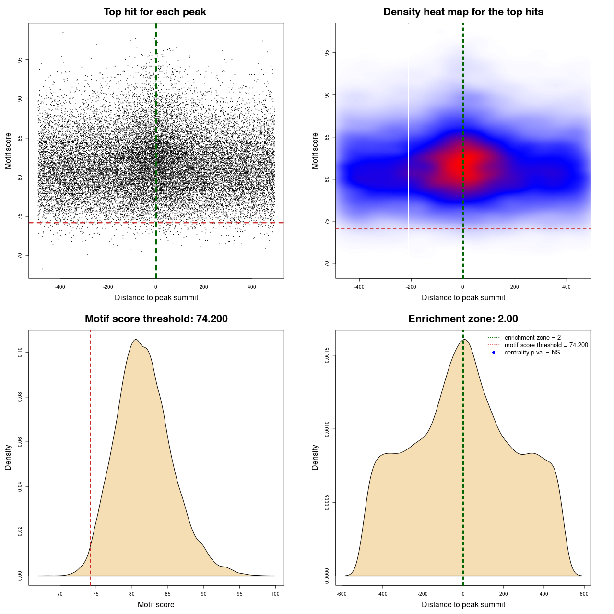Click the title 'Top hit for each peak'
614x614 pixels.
[154, 12]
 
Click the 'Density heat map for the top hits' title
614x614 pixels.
[463, 12]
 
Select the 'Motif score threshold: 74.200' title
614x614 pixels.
[156, 319]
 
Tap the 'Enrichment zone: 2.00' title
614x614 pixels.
[463, 319]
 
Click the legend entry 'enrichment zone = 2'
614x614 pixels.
[532, 338]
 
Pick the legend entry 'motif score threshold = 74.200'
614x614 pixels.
[546, 345]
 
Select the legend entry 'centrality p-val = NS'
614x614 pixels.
[532, 353]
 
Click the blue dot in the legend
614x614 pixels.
[494, 353]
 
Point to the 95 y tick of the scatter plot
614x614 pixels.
[20, 60]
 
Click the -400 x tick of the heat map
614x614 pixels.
[359, 287]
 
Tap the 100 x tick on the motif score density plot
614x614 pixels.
[275, 594]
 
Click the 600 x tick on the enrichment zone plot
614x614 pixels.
[584, 594]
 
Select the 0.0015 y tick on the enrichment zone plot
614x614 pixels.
[327, 355]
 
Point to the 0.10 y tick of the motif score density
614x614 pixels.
[20, 353]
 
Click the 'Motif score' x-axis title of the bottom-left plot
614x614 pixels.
[156, 604]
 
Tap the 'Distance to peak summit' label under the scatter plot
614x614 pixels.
[156, 297]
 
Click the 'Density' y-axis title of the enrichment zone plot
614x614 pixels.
[315, 457]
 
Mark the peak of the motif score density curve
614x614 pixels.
[136, 340]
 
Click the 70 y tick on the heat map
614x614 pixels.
[327, 264]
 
